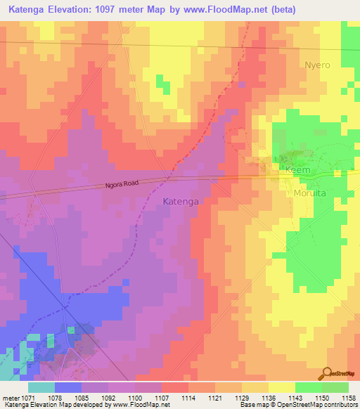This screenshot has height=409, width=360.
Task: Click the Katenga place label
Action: [181, 202]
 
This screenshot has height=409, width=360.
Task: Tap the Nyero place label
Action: [317, 65]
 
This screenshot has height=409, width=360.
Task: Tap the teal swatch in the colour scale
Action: [41, 387]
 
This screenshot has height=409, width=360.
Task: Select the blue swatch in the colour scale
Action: [68, 387]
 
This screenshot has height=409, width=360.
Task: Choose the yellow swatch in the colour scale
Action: [281, 387]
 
